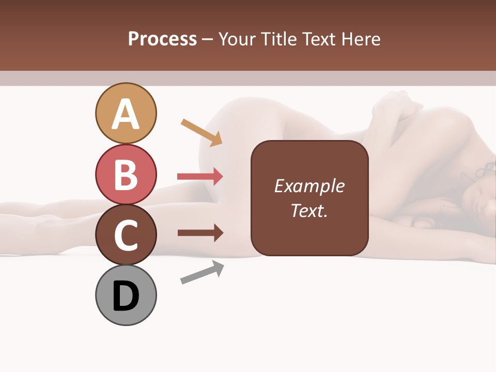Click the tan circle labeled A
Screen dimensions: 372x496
coord(126,113)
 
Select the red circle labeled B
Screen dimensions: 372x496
coord(126,174)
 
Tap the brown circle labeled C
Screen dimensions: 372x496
coord(126,235)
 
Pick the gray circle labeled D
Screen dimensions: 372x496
coord(126,295)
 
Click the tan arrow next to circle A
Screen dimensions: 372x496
coord(202,132)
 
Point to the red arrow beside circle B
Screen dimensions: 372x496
coord(200,177)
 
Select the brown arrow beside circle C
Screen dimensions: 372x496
coord(200,233)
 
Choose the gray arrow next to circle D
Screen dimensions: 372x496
coord(202,272)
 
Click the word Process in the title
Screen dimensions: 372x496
coord(162,39)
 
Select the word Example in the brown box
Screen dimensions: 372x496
coord(309,186)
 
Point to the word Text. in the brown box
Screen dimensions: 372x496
coord(309,210)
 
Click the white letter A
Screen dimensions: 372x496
coord(126,114)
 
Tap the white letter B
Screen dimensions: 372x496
coord(126,175)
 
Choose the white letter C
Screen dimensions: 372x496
coord(126,235)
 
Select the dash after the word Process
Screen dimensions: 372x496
coord(208,40)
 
